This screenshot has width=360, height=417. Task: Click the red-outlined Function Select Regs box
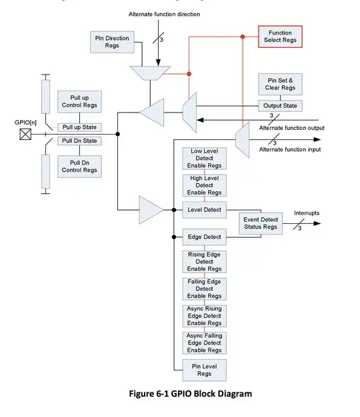280,37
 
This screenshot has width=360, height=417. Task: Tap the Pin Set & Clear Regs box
280,85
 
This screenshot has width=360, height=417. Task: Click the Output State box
280,106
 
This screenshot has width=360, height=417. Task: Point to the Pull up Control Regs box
79,102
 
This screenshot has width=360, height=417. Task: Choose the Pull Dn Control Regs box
79,166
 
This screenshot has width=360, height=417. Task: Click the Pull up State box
79,127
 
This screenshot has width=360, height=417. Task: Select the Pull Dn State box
79,141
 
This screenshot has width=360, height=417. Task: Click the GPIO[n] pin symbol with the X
25,134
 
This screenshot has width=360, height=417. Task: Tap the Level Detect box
205,210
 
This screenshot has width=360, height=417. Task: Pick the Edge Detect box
205,237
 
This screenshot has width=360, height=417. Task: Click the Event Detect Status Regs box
261,223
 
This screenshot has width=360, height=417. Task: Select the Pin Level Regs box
205,369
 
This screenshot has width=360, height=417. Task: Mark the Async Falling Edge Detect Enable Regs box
205,342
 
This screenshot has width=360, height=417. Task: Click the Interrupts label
307,213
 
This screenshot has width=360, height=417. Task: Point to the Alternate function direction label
164,14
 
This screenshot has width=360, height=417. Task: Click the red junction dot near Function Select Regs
189,73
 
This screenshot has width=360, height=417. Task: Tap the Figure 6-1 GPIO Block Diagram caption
190,394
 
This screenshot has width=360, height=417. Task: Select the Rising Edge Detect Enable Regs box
205,262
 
